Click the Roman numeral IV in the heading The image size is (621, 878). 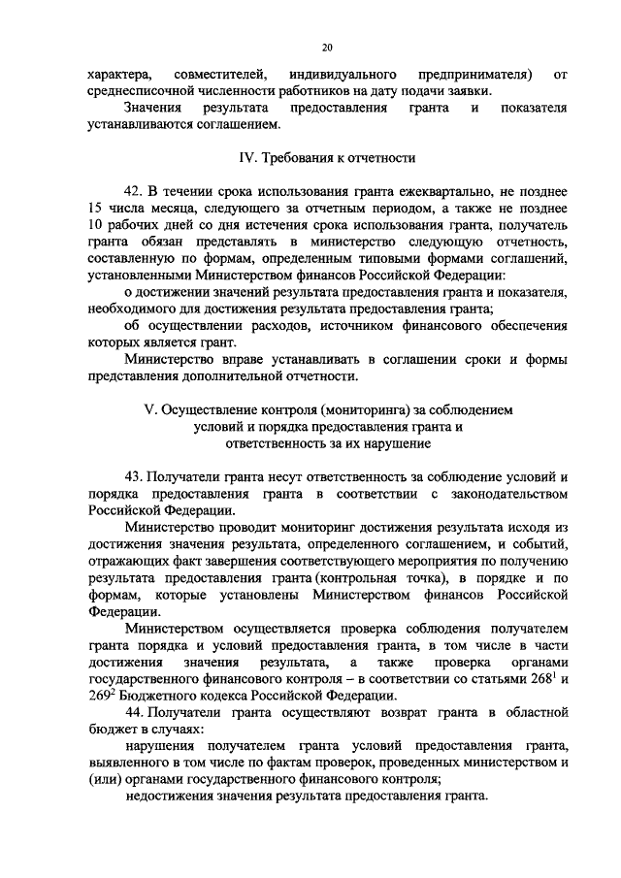247,158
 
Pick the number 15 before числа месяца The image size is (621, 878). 94,209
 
